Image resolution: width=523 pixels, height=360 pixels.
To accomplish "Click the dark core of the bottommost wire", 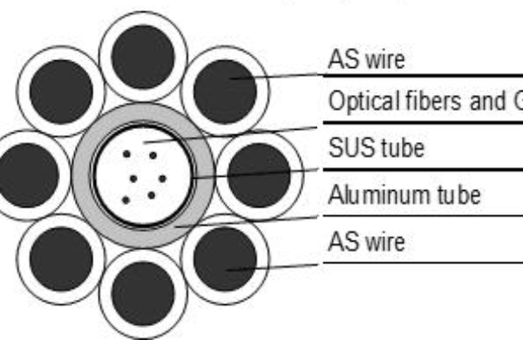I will tap(143, 293).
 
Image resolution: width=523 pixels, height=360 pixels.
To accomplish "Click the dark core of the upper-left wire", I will tap(61, 92).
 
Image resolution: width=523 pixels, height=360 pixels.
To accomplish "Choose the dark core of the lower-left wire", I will tap(61, 258).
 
